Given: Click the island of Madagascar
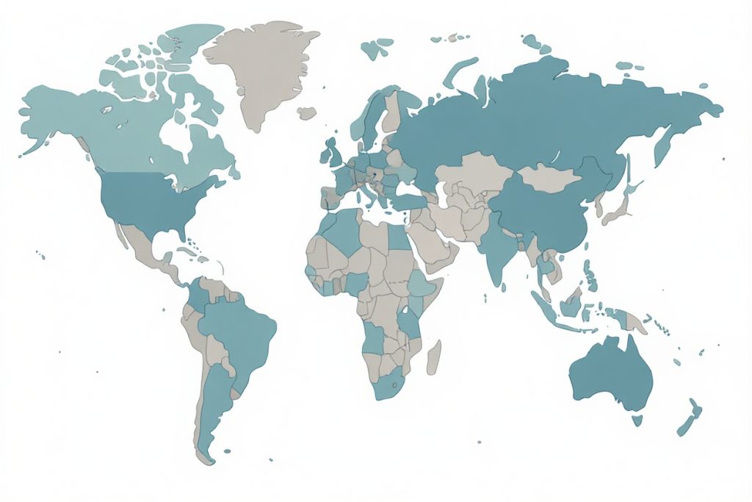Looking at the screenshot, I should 434,356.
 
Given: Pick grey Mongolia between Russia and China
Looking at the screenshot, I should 547,177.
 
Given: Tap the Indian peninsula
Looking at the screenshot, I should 497,254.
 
